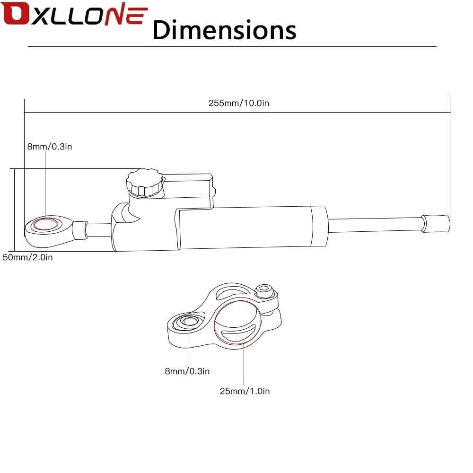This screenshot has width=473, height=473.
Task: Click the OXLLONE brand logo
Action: (74, 14)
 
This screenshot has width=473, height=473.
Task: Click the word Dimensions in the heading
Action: (224, 30)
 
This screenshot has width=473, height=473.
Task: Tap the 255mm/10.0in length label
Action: (238, 103)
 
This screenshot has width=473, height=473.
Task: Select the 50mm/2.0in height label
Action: (28, 257)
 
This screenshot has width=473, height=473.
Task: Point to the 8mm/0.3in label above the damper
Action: (50, 147)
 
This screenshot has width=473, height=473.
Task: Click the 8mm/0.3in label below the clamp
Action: (187, 371)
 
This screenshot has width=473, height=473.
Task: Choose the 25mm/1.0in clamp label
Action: (245, 391)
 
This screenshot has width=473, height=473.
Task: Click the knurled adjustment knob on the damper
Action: (145, 183)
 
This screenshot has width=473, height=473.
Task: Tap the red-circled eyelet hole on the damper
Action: (45, 224)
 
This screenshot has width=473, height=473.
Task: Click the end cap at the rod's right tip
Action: (436, 224)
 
